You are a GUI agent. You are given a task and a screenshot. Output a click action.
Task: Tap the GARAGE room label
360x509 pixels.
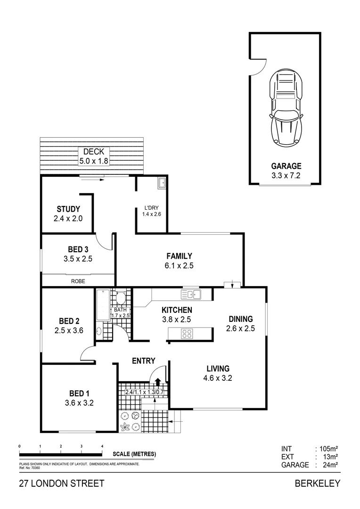tap(286, 166)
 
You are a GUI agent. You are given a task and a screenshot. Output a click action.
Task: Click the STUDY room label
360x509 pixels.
tap(68, 209)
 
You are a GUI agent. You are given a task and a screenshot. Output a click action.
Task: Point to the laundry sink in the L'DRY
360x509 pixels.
tap(161, 182)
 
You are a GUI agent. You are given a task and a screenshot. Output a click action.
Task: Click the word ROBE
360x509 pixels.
tap(78, 281)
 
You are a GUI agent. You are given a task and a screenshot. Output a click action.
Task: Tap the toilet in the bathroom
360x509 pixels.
tap(121, 298)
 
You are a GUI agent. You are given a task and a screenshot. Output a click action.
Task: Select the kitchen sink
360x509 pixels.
tap(190, 295)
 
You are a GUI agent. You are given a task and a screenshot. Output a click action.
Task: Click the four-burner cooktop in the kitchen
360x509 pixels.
tap(186, 334)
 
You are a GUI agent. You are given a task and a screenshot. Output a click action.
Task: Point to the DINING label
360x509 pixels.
tap(240, 319)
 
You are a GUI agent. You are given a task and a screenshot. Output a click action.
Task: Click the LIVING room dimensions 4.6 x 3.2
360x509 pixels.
tap(217, 378)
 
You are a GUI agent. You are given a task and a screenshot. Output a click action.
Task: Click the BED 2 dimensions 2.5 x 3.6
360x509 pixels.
tap(69, 330)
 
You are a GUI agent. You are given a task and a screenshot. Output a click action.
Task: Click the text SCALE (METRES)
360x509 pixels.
tap(134, 454)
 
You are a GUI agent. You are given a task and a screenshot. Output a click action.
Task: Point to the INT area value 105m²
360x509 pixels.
tap(329, 449)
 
